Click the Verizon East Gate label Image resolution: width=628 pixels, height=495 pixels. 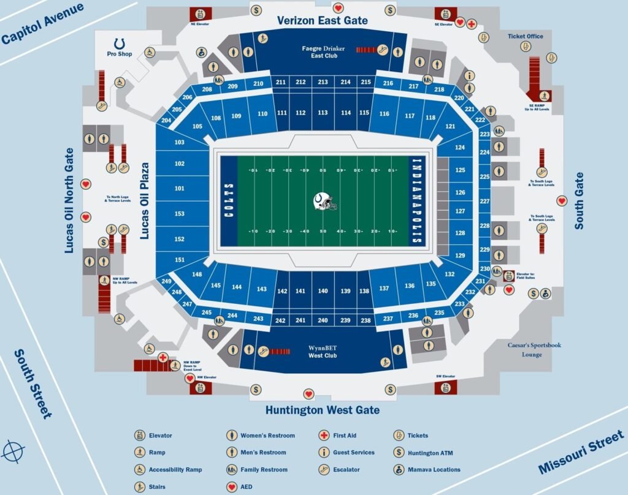point(322,20)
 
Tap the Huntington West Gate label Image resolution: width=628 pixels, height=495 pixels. point(322,410)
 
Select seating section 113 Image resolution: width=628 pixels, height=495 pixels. point(323,113)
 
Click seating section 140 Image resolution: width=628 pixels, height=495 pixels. point(323,291)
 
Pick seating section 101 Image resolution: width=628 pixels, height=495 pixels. point(179,189)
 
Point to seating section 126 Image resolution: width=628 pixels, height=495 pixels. point(461,192)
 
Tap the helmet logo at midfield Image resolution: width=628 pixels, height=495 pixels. point(324,202)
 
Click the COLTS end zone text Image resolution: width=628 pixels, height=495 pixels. point(228,202)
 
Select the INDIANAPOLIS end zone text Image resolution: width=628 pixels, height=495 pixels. point(417,202)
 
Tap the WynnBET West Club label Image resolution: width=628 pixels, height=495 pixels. point(323,352)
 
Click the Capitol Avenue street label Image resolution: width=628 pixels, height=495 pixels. point(42,24)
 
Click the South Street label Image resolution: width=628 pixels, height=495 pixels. point(33,384)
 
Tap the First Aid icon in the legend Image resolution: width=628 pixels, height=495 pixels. point(323,436)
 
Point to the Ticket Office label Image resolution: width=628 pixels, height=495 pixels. point(525,36)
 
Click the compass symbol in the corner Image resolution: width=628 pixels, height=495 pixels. point(13,452)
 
